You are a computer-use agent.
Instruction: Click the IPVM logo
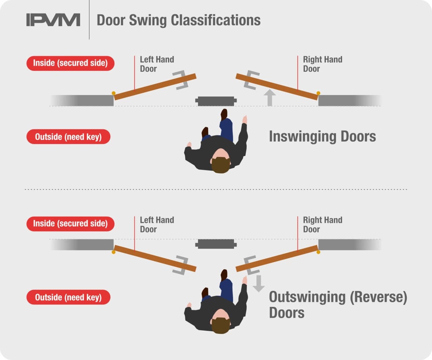click(53, 20)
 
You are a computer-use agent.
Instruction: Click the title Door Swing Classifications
click(179, 20)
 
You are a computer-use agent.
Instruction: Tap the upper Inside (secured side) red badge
click(70, 63)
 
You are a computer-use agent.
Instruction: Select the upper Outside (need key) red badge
click(68, 137)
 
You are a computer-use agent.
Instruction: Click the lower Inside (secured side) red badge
click(70, 224)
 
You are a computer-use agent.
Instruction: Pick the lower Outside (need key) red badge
click(68, 297)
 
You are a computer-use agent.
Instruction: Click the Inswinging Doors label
click(322, 137)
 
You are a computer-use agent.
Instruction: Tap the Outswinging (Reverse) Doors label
click(337, 305)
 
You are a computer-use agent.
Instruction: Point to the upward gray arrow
click(269, 98)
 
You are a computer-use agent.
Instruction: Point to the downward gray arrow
click(259, 283)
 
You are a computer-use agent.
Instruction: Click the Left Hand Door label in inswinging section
click(157, 64)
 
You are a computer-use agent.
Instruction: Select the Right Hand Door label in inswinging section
click(322, 64)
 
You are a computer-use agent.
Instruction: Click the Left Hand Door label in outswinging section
click(157, 225)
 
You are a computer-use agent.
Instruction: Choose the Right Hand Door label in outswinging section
click(322, 225)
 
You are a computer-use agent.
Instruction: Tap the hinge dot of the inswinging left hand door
click(114, 93)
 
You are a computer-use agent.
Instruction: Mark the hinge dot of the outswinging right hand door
click(318, 252)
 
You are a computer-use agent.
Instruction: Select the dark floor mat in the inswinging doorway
click(216, 101)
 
